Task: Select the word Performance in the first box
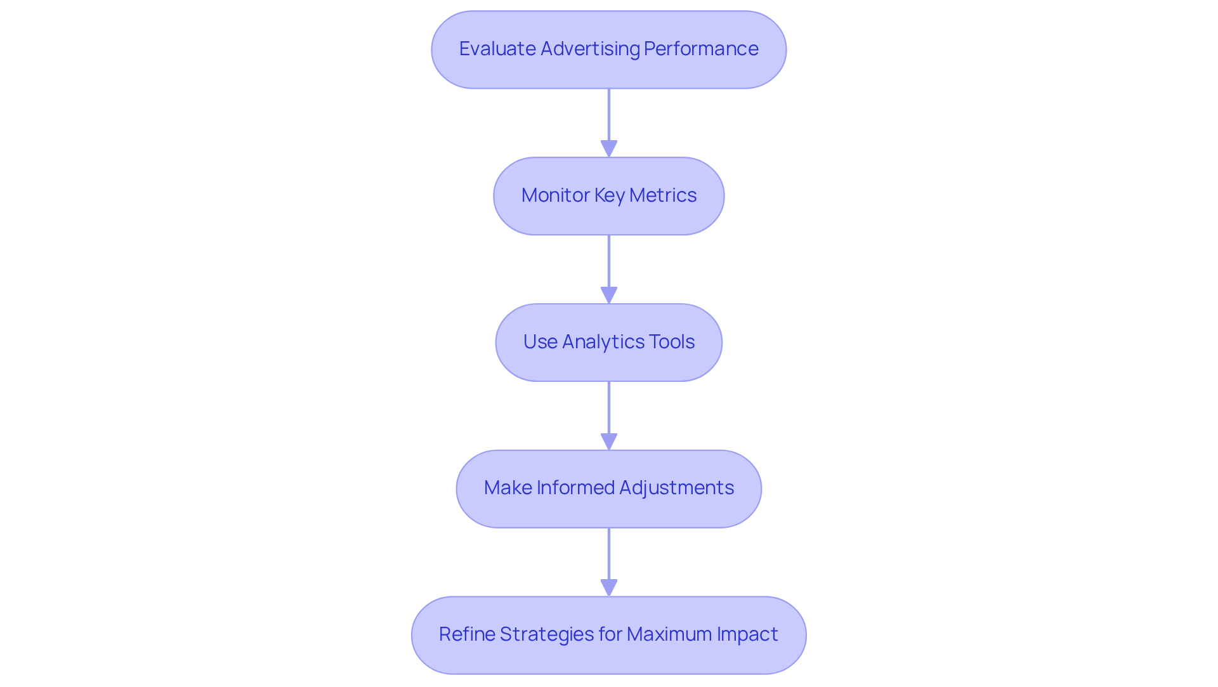pyautogui.click(x=701, y=49)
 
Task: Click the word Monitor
pyautogui.click(x=555, y=195)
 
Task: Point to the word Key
pyautogui.click(x=609, y=195)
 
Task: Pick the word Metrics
pyautogui.click(x=663, y=195)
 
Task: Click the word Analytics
pyautogui.click(x=599, y=342)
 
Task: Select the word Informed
pyautogui.click(x=575, y=488)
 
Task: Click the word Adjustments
pyautogui.click(x=676, y=488)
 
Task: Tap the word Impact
pyautogui.click(x=747, y=634)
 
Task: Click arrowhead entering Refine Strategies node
pyautogui.click(x=609, y=589)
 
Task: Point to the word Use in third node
pyautogui.click(x=540, y=342)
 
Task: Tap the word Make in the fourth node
pyautogui.click(x=507, y=488)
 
